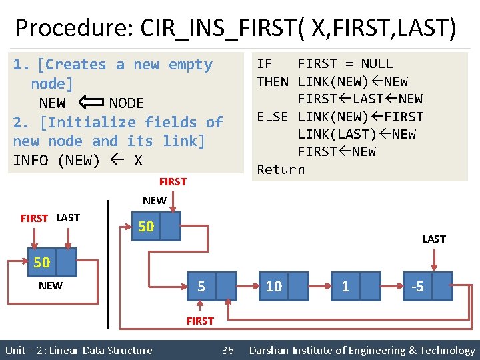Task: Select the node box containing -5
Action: pyautogui.click(x=427, y=287)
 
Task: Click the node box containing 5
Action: pyautogui.click(x=213, y=287)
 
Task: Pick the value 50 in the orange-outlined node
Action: pyautogui.click(x=41, y=263)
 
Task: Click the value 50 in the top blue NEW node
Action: pyautogui.click(x=146, y=227)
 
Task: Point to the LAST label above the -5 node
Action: pyautogui.click(x=433, y=239)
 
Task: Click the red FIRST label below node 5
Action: pyautogui.click(x=200, y=321)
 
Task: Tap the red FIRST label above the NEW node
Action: pyautogui.click(x=173, y=181)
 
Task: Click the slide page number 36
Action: pyautogui.click(x=227, y=351)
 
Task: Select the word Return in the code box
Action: pyautogui.click(x=281, y=169)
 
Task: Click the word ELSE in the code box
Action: pyautogui.click(x=273, y=117)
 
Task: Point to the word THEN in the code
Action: pyautogui.click(x=273, y=81)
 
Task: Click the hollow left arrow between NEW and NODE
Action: pyautogui.click(x=87, y=103)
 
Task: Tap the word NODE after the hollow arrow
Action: pyautogui.click(x=126, y=103)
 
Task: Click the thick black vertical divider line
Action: pyautogui.click(x=108, y=263)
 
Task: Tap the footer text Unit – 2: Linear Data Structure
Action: pyautogui.click(x=79, y=351)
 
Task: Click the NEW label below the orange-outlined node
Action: pyautogui.click(x=51, y=286)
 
